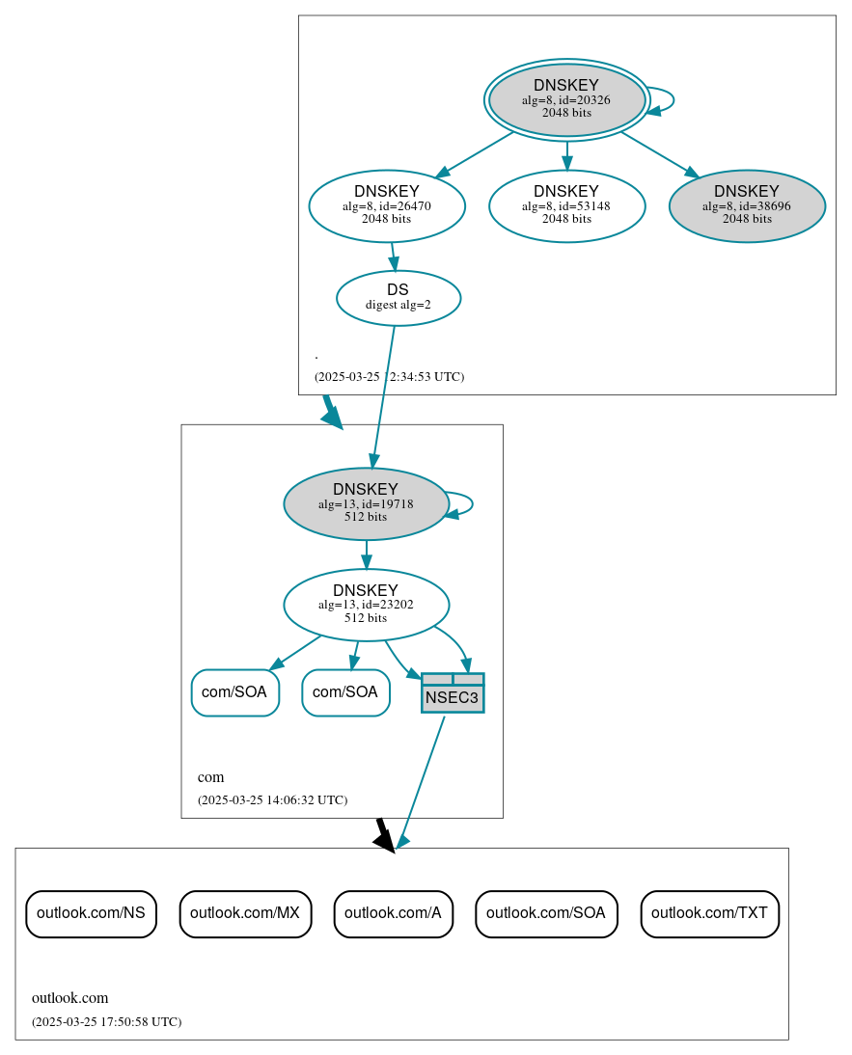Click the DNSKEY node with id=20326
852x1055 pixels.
566,99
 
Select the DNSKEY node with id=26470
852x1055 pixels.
387,205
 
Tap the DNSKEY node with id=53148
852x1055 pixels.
566,205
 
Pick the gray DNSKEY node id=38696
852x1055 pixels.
746,205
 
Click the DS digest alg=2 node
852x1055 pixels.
398,297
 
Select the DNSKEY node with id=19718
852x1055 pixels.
366,503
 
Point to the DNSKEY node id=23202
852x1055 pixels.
366,605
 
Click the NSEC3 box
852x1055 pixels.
453,693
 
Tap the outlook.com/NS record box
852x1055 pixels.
91,913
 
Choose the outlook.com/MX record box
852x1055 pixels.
245,913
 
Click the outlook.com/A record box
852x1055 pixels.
393,913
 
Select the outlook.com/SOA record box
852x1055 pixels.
546,913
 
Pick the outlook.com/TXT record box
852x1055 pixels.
709,913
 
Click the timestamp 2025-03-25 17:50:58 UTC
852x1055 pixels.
106,1021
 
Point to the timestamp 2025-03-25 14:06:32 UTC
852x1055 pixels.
272,799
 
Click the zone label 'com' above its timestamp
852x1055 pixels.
210,777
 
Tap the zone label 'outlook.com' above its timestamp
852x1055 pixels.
69,998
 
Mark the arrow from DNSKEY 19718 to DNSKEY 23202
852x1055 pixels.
366,555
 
